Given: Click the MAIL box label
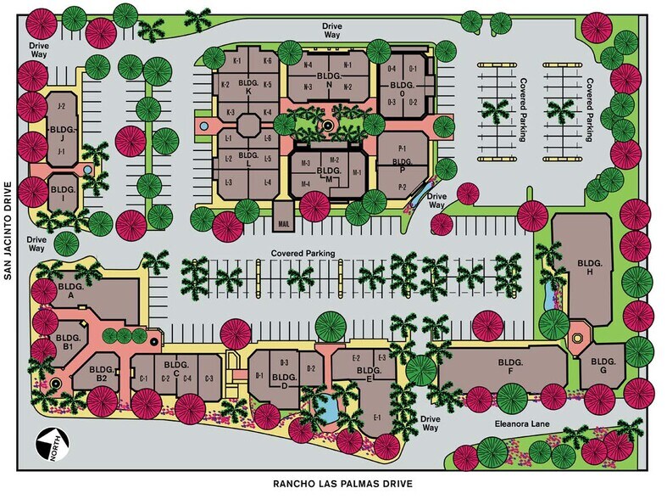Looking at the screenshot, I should [284, 224].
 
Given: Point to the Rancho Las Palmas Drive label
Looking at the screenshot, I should [342, 485].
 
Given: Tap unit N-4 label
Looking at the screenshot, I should [307, 65].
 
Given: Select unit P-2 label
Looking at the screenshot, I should [403, 186].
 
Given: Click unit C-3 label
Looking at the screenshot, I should [208, 378].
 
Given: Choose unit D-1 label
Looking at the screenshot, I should [258, 374].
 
